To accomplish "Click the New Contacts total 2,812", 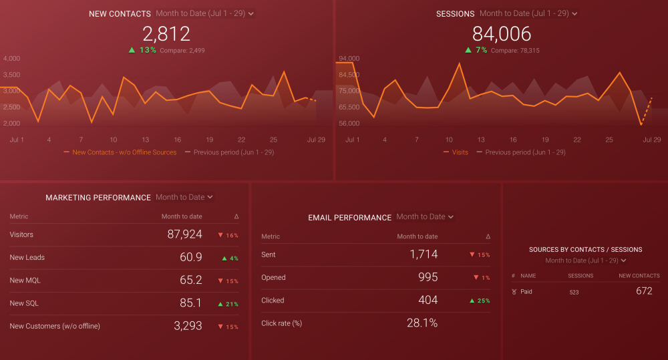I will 166,33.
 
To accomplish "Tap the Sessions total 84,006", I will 501,33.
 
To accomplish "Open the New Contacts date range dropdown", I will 204,13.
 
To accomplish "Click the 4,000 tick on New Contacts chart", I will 11,59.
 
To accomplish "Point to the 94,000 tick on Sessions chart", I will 349,59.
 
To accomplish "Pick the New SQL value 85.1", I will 190,303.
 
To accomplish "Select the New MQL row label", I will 25,281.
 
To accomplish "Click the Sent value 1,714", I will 424,254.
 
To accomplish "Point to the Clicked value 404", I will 428,301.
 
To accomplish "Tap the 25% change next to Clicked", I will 481,301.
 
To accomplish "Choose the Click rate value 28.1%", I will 422,323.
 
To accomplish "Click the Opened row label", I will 273,278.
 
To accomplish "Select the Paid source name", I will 526,292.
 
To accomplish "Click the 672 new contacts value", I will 644,291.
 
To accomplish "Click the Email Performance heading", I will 349,218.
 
